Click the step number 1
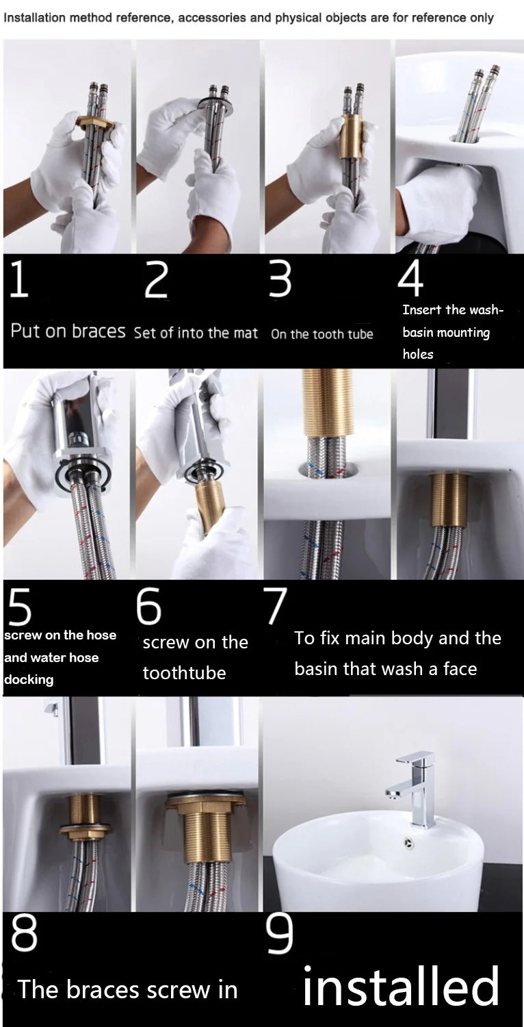point(19,280)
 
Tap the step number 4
point(410,277)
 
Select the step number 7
point(275,605)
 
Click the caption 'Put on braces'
point(68,331)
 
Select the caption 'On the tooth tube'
point(322,334)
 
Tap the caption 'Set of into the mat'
point(196,333)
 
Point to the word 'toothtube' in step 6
point(184,673)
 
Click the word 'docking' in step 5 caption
point(29,680)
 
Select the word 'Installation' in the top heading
point(32,18)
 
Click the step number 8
point(25,935)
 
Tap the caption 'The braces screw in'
point(128,990)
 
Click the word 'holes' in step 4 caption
point(417,355)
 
